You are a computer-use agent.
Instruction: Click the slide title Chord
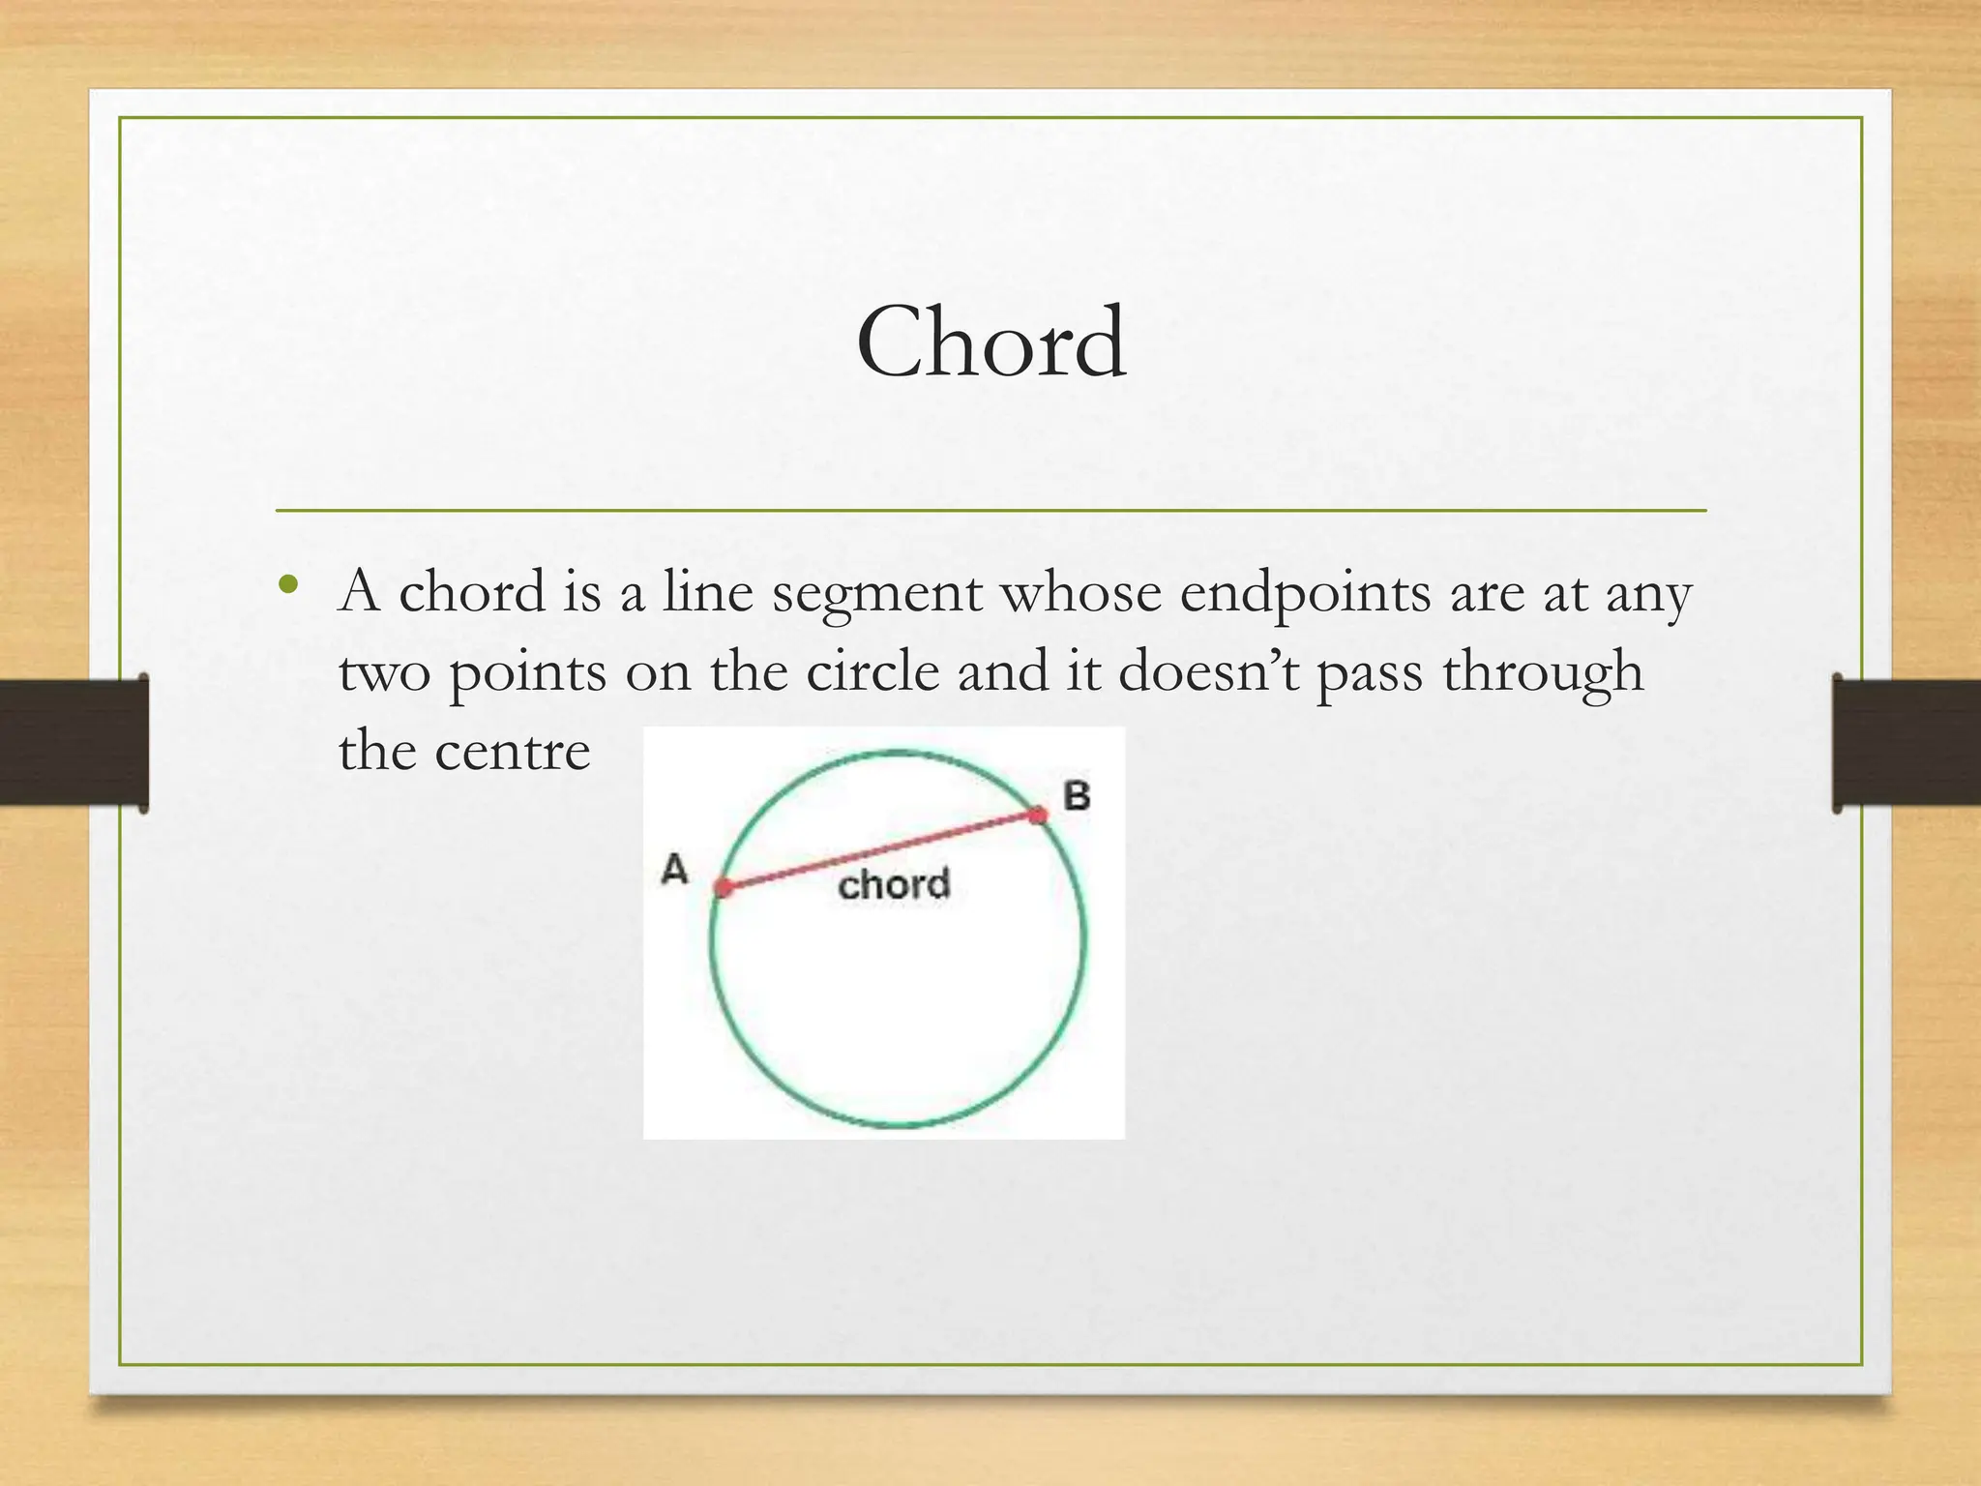click(x=990, y=342)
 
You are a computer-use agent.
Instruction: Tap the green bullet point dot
click(x=286, y=584)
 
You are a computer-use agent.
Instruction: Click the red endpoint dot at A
click(x=724, y=887)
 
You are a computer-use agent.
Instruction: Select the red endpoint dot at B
click(x=1039, y=815)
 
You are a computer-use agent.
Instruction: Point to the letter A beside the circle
click(x=674, y=869)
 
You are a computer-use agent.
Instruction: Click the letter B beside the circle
click(x=1077, y=796)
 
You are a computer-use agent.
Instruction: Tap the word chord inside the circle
click(x=894, y=884)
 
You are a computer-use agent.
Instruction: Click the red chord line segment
click(x=880, y=851)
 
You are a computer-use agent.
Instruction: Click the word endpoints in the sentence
click(x=1305, y=593)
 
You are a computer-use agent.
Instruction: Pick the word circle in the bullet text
click(x=872, y=670)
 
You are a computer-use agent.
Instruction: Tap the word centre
click(x=512, y=751)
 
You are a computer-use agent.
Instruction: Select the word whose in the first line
click(x=1080, y=591)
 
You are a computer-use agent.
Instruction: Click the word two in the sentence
click(x=384, y=672)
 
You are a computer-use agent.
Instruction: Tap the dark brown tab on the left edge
click(x=74, y=742)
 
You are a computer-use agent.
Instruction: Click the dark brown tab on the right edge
click(x=1906, y=742)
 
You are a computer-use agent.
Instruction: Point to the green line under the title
click(x=990, y=510)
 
